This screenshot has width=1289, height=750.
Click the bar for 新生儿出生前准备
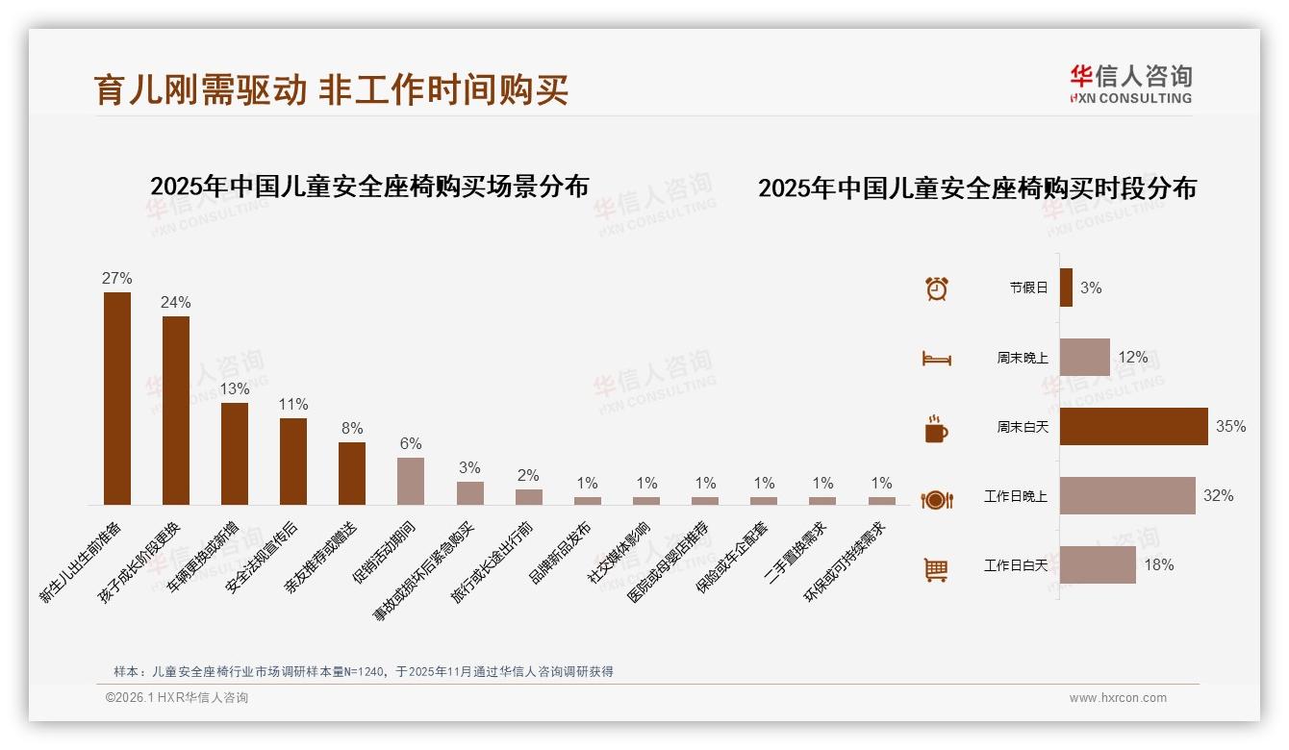[x=117, y=398]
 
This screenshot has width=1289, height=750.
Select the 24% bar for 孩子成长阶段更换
[x=176, y=410]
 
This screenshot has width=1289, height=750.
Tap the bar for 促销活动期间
[x=411, y=481]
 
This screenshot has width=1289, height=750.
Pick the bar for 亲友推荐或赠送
[x=352, y=473]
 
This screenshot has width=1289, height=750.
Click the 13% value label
[x=235, y=388]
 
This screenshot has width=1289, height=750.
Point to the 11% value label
[x=293, y=404]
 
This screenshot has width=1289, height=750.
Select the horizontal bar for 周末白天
[x=1133, y=426]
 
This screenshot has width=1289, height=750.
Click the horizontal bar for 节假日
[x=1066, y=287]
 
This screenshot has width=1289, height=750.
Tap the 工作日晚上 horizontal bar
[x=1127, y=496]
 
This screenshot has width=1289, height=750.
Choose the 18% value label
[x=1159, y=565]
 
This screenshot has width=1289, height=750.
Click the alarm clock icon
[x=937, y=287]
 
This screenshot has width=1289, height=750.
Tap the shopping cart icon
[x=936, y=569]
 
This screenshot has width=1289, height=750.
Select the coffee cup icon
[x=936, y=429]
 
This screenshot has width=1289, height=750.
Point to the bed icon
[x=936, y=359]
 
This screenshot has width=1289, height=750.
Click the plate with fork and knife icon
[x=936, y=499]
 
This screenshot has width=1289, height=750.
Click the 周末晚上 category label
[x=1023, y=358]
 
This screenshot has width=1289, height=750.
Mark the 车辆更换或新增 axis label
[x=203, y=559]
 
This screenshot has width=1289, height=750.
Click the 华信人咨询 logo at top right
[x=1131, y=84]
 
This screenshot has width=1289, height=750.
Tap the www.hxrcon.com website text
[x=1118, y=698]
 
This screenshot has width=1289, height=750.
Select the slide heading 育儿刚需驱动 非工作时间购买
[x=332, y=90]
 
